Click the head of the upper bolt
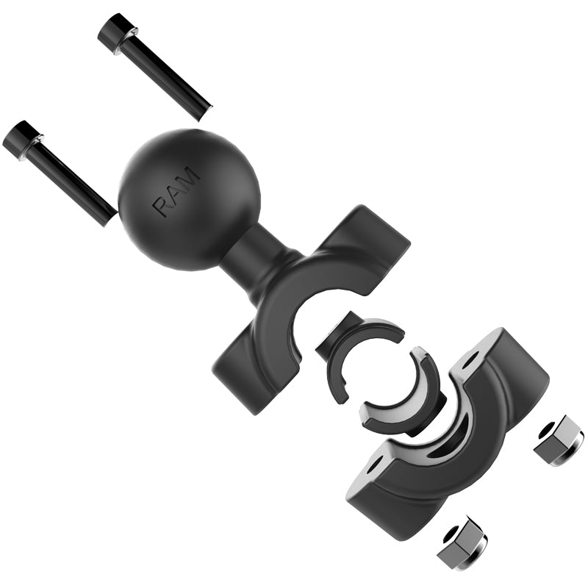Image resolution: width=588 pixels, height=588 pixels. point(115,33)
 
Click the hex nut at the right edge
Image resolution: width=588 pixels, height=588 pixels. point(558,440)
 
